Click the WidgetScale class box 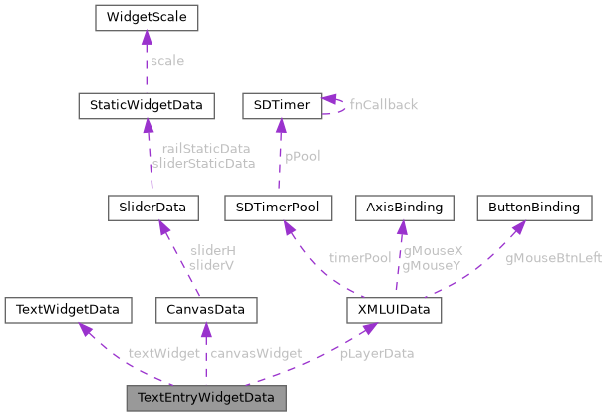[x=147, y=17]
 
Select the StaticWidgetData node [x=147, y=104]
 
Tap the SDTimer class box [x=281, y=104]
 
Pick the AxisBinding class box [x=405, y=208]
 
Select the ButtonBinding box [x=528, y=208]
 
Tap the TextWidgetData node [x=68, y=310]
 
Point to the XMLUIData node [x=393, y=310]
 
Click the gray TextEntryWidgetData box [x=206, y=397]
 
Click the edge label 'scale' [x=166, y=61]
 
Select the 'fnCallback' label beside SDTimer [x=383, y=104]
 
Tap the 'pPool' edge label [x=302, y=156]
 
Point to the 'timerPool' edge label [x=359, y=257]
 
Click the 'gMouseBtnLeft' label [x=553, y=257]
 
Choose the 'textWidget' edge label [x=163, y=353]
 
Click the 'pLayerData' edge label [x=376, y=353]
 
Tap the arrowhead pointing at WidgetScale [x=147, y=37]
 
